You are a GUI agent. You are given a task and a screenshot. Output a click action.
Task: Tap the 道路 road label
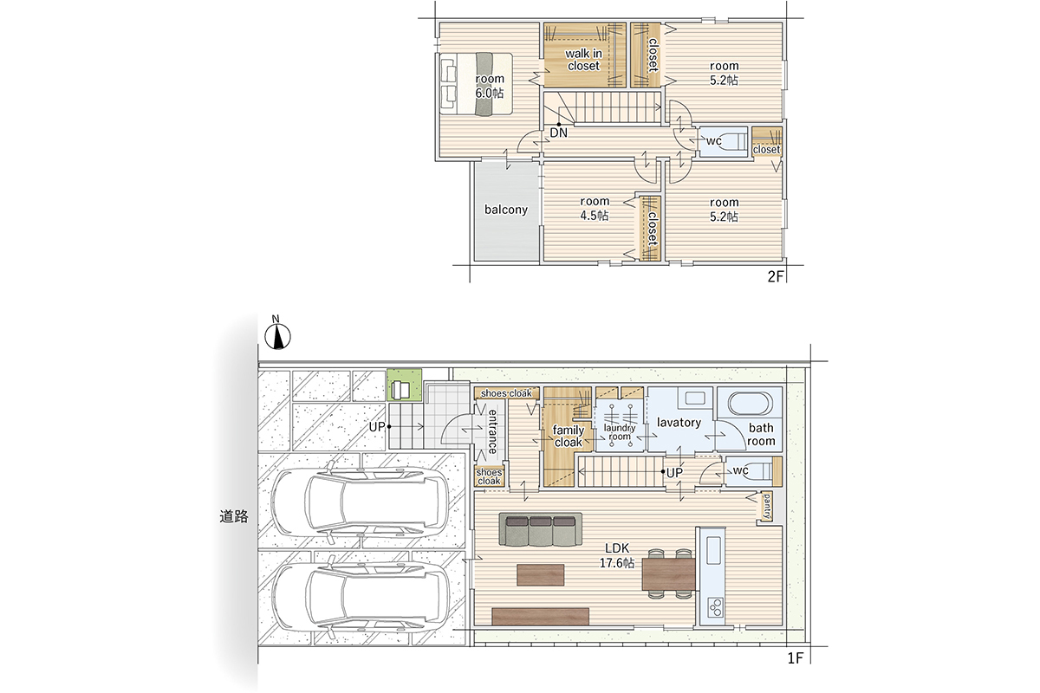234,516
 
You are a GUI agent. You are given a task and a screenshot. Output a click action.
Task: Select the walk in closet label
583,60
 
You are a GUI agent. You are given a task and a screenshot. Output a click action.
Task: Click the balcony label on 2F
506,210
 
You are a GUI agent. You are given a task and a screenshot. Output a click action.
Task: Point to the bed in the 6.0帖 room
476,83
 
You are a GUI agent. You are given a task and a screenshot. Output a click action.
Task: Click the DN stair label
558,133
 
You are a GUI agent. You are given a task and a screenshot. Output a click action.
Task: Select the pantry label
766,507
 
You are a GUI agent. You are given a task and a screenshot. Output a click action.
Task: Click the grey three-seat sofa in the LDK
541,528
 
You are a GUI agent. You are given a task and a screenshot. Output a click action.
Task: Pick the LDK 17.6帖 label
617,556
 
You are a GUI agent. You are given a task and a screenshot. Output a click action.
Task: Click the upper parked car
360,502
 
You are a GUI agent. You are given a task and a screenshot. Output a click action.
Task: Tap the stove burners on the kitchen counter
716,606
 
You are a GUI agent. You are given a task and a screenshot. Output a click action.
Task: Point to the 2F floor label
776,276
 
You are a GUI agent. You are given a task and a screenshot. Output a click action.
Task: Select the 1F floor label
795,658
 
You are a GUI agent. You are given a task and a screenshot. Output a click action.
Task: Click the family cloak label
569,437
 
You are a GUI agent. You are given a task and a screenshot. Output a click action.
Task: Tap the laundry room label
620,432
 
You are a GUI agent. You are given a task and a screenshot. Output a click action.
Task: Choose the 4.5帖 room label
595,209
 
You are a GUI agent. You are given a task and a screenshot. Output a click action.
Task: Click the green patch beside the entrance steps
405,385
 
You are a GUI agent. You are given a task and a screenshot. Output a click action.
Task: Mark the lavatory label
679,423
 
